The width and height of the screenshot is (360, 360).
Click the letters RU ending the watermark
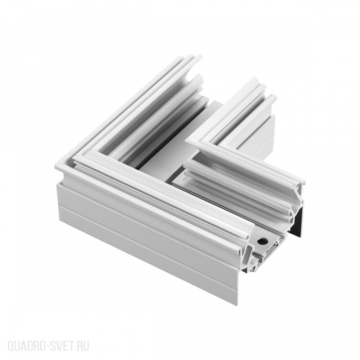tap(83, 346)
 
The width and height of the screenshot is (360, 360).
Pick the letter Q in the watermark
tap(11, 346)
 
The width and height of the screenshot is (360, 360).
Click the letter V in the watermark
tap(60, 346)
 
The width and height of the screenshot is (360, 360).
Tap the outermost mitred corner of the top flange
tap(56, 167)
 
